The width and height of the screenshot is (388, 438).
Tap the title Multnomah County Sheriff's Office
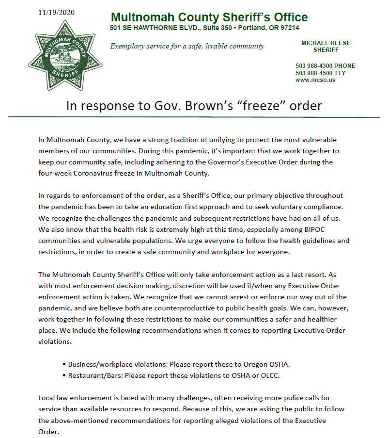[x=209, y=17]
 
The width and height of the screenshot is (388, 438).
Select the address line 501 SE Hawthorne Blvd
[x=204, y=29]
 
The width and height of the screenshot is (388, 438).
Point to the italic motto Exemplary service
[x=187, y=47]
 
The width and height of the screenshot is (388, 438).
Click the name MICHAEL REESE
[x=326, y=43]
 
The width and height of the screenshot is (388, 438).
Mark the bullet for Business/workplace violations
[x=64, y=364]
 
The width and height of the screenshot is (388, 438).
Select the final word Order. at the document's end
[x=49, y=431]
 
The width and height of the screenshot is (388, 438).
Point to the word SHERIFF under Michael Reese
[x=326, y=50]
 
